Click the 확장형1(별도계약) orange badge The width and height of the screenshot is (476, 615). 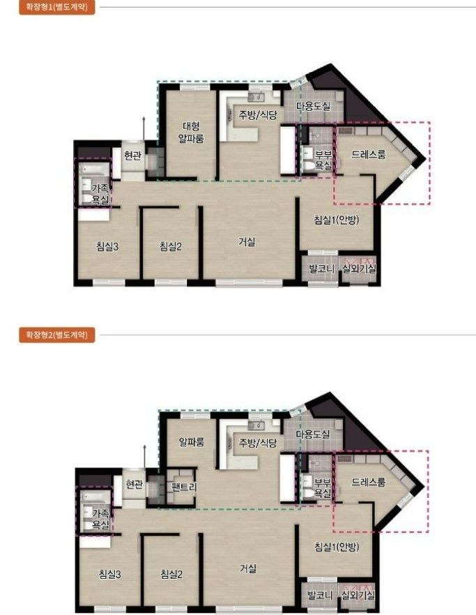point(57,7)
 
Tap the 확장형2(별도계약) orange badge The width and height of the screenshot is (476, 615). point(57,335)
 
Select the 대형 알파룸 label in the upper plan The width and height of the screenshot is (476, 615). point(191,132)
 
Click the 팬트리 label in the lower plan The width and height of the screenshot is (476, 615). point(184,487)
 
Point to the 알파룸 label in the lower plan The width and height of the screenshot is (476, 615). point(192,442)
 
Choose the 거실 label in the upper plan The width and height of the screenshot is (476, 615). point(247,242)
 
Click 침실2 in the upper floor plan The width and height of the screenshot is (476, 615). point(171,246)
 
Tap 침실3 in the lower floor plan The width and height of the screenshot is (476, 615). point(109,575)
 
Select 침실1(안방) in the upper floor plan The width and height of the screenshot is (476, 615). point(337,220)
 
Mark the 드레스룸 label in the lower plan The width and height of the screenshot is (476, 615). point(368,482)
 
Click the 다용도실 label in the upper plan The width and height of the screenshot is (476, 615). point(313,106)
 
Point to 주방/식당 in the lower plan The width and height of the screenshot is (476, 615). point(258,443)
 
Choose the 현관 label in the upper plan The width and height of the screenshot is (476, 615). point(132,155)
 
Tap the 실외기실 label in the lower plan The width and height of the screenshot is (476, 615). point(358,595)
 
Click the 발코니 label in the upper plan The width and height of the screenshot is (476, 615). point(321,268)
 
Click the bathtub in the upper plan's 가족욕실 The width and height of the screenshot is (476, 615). point(94,169)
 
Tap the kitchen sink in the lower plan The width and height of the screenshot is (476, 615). point(256,425)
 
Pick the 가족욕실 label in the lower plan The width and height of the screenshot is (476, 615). point(100,519)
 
